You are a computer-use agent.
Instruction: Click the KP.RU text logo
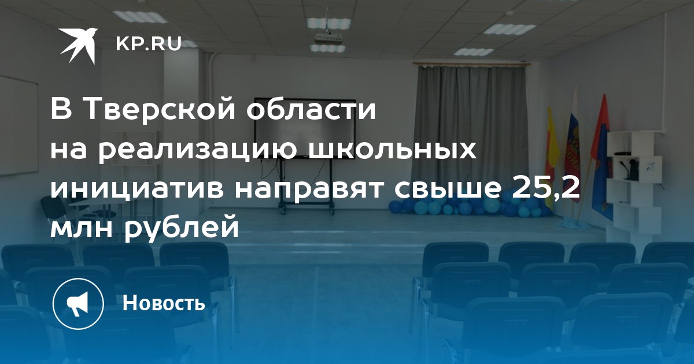149,44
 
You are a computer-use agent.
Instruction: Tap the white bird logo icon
79,46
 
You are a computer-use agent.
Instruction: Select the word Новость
164,302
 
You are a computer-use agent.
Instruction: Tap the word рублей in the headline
182,228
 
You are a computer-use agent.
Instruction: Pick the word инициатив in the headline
137,188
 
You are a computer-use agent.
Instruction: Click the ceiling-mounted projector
329,38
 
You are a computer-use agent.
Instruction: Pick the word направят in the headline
309,188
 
